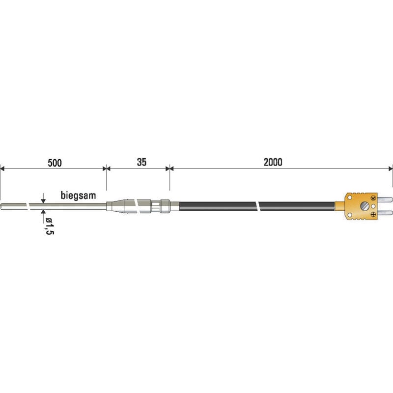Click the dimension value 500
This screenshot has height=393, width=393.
55,163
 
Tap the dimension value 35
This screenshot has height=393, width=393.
141,162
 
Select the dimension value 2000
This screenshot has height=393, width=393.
273,162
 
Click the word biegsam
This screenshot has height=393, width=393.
78,195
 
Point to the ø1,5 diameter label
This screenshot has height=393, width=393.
50,226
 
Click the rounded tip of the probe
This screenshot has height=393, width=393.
1,206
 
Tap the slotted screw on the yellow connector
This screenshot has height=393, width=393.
364,206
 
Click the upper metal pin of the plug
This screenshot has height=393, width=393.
385,200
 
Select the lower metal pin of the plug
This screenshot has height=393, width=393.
385,213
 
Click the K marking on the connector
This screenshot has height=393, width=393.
373,198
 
